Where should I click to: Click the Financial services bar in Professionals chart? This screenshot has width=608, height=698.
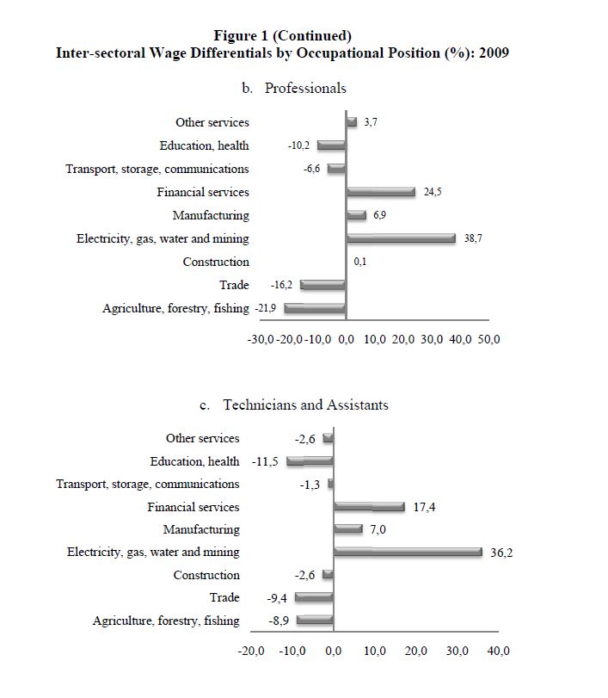380,192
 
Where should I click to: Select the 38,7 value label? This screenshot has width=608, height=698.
473,238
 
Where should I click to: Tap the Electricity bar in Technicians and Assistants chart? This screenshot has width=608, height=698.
408,552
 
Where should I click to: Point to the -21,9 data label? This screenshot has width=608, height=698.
264,308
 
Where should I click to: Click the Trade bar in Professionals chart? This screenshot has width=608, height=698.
322,285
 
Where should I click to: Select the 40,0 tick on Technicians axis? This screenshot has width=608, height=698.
498,651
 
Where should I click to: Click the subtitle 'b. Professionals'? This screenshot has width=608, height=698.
295,88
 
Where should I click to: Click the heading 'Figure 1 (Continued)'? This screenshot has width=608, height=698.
282,35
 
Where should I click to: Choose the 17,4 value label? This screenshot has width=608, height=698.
425,507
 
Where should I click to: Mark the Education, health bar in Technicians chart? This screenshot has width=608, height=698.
310,461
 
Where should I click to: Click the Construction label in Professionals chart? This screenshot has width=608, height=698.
216,262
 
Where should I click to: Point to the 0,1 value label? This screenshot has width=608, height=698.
361,262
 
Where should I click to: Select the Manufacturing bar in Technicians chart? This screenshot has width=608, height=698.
348,529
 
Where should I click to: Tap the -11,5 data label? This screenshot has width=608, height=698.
267,461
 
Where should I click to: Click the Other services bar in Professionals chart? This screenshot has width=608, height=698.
351,122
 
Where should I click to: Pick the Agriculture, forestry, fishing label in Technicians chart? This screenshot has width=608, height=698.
166,621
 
